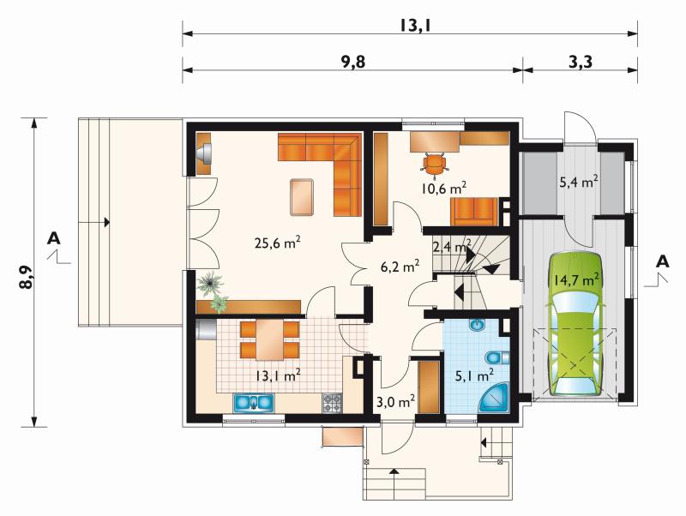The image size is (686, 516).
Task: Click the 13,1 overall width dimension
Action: (415, 26)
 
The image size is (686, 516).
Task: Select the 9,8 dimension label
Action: (352, 62)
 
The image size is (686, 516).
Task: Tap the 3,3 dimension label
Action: (581, 62)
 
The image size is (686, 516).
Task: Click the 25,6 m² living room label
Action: (277, 243)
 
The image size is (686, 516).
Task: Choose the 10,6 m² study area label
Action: (443, 188)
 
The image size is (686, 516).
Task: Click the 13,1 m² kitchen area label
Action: (278, 375)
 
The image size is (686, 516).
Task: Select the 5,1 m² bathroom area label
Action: (475, 375)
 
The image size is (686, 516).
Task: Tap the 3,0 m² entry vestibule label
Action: (396, 400)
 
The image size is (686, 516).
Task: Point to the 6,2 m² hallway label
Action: (400, 266)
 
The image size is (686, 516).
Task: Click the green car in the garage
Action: (574, 324)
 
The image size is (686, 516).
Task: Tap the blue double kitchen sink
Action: (254, 402)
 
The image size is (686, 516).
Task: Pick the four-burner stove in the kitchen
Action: (333, 403)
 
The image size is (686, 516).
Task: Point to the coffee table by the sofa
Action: (302, 197)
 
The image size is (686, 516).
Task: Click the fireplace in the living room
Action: (203, 153)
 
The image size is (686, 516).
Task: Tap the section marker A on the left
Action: (54, 238)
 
